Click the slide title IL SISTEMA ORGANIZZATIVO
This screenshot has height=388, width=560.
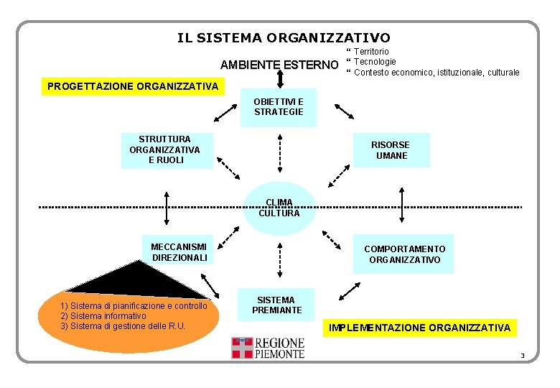pyautogui.click(x=284, y=37)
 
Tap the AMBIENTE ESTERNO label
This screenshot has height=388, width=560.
pyautogui.click(x=279, y=65)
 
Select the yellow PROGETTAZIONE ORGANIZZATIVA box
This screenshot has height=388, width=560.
pyautogui.click(x=133, y=86)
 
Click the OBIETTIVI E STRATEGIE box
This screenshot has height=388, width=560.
pyautogui.click(x=279, y=108)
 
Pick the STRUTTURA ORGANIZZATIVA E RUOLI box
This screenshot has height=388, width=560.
pyautogui.click(x=164, y=149)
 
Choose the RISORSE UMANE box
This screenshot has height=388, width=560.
pyautogui.click(x=390, y=150)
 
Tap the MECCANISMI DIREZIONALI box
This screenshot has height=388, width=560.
pyautogui.click(x=179, y=252)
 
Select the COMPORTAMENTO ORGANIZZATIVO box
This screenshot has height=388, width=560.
pyautogui.click(x=404, y=254)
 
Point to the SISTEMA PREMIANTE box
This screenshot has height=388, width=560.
pyautogui.click(x=276, y=305)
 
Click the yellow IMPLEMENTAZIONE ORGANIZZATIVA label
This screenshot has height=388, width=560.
pyautogui.click(x=419, y=328)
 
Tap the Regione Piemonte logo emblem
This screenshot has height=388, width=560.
pyautogui.click(x=242, y=348)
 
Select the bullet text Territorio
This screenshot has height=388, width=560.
pyautogui.click(x=371, y=52)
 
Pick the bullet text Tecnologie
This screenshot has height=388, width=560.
pyautogui.click(x=375, y=62)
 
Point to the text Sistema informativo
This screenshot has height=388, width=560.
pyautogui.click(x=103, y=316)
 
